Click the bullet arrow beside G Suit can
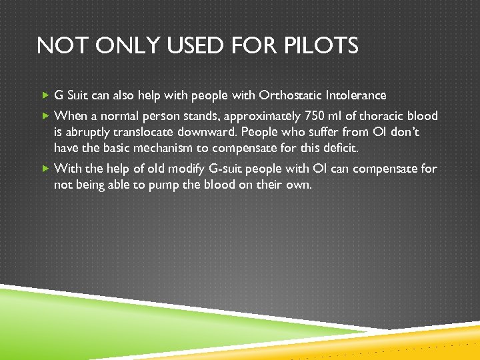(x=45, y=95)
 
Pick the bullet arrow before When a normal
(x=45, y=116)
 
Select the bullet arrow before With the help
(x=45, y=169)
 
